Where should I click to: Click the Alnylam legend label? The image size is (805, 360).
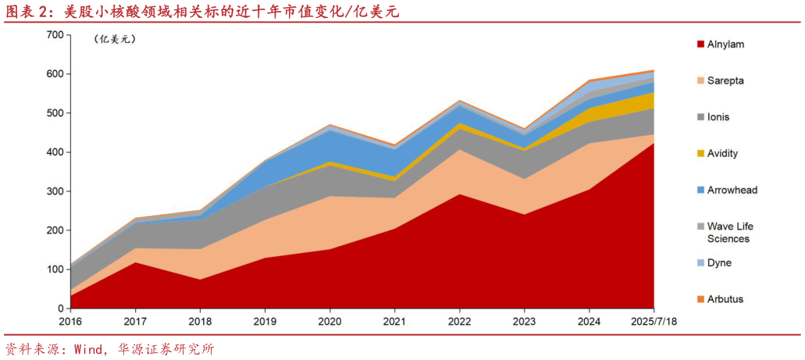725,45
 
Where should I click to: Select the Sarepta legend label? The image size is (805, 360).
725,80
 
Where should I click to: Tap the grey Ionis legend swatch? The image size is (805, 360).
700,117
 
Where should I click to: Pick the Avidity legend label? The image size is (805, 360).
722,154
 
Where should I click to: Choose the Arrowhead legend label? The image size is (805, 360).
732,190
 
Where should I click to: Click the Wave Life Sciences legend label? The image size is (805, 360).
729,232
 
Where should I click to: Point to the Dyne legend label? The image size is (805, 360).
719,262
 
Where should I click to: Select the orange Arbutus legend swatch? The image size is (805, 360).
700,299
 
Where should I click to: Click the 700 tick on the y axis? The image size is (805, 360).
55,35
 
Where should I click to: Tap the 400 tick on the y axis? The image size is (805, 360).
55,152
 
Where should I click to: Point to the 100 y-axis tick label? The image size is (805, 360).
55,269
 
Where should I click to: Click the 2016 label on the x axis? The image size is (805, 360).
69,321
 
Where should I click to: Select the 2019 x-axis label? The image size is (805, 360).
265,321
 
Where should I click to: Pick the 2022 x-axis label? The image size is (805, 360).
459,321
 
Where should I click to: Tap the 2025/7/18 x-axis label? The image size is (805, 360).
654,321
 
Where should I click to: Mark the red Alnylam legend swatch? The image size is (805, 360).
700,45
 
